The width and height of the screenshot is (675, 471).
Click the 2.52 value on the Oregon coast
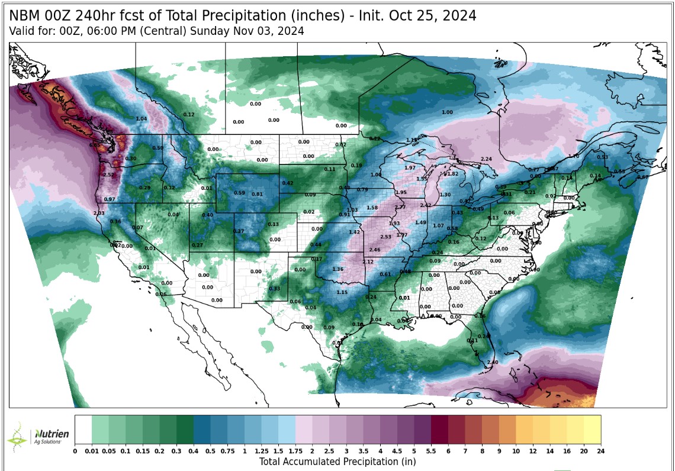click(x=108, y=175)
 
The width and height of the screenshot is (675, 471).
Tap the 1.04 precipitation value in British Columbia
click(x=142, y=119)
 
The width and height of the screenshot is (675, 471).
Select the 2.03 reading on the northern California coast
click(x=99, y=213)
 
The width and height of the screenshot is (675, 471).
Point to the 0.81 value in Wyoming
click(x=257, y=194)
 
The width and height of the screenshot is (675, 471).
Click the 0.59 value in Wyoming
click(x=239, y=192)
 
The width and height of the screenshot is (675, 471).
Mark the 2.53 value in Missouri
click(x=385, y=237)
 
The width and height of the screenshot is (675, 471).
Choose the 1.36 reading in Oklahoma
click(x=338, y=269)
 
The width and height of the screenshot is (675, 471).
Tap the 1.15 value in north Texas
click(x=342, y=292)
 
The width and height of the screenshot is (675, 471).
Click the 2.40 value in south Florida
click(x=492, y=362)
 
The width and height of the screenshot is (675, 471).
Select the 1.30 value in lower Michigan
click(x=445, y=195)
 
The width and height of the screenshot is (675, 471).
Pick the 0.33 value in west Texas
click(x=275, y=288)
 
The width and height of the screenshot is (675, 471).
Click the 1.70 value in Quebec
click(x=573, y=156)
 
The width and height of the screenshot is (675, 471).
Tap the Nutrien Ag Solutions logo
click(x=39, y=437)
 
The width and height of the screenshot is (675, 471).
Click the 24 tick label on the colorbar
click(x=600, y=451)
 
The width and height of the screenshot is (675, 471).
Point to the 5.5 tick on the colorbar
click(x=430, y=451)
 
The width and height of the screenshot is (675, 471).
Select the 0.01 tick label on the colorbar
click(x=92, y=451)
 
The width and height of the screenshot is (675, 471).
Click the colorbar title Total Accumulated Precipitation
click(x=337, y=462)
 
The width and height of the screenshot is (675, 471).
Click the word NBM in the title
click(x=25, y=15)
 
